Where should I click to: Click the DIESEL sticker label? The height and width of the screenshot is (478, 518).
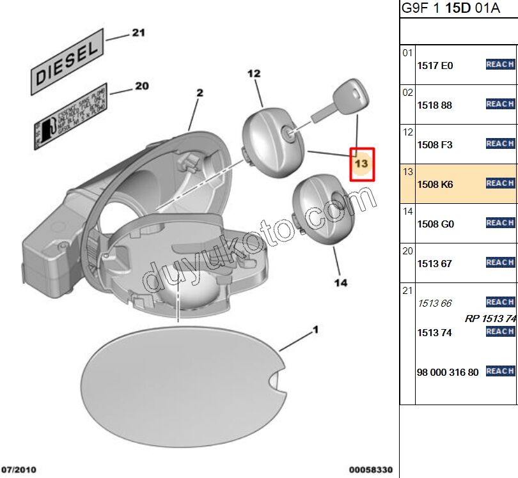67,62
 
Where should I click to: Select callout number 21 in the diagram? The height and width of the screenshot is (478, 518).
139,33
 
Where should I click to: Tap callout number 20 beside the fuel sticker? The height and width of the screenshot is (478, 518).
141,86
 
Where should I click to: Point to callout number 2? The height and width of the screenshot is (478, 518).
200,93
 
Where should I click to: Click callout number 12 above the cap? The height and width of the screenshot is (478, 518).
254,73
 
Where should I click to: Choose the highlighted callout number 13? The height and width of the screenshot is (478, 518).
361,164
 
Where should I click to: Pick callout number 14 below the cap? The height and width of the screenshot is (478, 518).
341,282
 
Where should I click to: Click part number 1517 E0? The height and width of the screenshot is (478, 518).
434,66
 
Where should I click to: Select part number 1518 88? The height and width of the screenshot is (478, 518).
434,105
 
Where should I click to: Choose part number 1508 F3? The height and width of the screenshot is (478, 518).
434,145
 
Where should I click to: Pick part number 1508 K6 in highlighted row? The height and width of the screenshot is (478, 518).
434,185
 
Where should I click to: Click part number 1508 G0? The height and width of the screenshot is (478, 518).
435,224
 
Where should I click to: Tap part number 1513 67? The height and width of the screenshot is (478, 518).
434,264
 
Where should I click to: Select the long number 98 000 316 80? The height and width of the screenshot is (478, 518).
447,373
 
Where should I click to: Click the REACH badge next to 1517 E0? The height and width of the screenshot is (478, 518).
500,65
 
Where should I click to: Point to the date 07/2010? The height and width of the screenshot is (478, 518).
19,470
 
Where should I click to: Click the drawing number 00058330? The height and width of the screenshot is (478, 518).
371,470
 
